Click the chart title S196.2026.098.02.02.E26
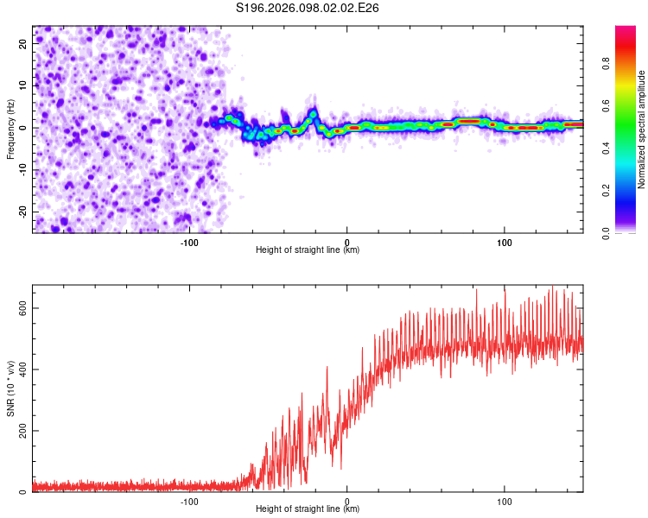pos(308,8)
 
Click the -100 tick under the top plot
pos(189,243)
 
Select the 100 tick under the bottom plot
pos(504,502)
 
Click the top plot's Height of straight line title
pos(308,250)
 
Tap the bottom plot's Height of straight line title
pos(308,509)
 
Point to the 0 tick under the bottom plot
pos(346,502)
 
